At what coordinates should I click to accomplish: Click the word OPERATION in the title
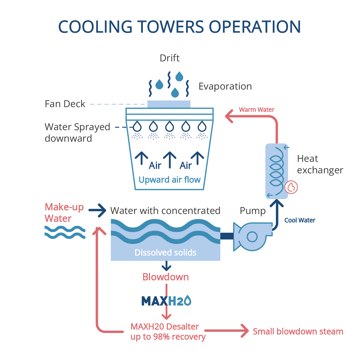coord(255,27)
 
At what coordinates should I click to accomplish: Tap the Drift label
coord(170,58)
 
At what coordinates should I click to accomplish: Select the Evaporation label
coord(225,86)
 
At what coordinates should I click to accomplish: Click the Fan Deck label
coord(65,104)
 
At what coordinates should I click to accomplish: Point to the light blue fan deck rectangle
coord(169,104)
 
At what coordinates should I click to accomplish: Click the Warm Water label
coord(256,110)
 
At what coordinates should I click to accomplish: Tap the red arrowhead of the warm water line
coord(229,116)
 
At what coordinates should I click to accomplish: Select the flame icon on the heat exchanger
coord(291,187)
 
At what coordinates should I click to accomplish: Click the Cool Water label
coord(300,220)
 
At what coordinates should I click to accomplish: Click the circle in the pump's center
coord(252,237)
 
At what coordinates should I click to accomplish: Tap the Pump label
coord(253,211)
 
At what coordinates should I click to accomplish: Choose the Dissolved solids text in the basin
coord(165,253)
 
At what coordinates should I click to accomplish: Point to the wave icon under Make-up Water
coord(65,232)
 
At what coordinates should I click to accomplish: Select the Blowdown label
coord(166,277)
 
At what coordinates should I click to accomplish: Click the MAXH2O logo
coord(166,301)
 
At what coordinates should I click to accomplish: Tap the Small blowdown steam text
coord(298,331)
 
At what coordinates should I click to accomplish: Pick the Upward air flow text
coord(169,180)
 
